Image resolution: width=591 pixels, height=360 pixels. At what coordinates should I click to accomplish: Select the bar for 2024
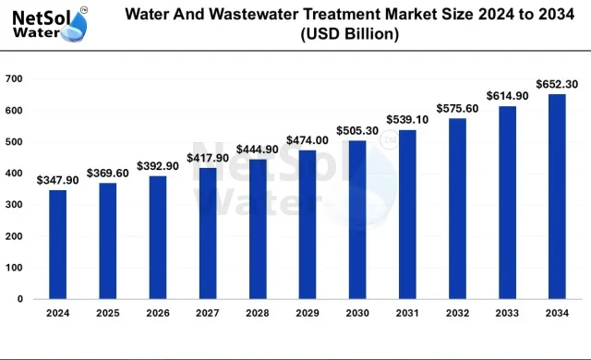[57, 245]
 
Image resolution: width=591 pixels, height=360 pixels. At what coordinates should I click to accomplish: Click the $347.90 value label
[57, 180]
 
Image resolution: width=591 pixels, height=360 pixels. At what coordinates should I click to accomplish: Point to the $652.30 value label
[556, 84]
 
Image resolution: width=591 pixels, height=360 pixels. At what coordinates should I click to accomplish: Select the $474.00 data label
[307, 140]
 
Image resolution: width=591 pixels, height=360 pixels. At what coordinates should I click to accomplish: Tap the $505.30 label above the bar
[356, 130]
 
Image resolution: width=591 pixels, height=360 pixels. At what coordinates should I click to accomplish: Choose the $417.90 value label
[207, 158]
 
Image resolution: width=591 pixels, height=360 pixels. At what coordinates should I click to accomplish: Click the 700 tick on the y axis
[14, 79]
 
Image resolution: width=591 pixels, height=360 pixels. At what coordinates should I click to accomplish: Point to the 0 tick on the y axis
[19, 299]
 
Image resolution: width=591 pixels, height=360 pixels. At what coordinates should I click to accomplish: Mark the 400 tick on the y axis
[14, 174]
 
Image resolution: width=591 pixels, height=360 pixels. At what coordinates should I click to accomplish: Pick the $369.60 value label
[107, 173]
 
